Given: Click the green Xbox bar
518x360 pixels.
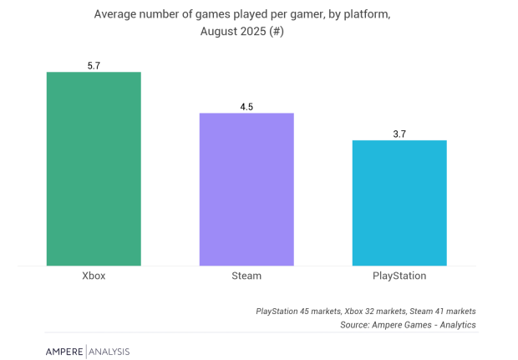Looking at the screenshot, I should [94, 169].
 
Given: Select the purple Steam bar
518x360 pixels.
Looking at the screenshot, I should [246, 190].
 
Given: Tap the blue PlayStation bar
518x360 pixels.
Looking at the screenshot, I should [399, 203].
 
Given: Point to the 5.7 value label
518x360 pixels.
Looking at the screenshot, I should [94, 64].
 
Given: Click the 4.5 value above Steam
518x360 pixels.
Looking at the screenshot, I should [246, 105].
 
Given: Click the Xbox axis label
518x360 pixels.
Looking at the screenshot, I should [94, 276].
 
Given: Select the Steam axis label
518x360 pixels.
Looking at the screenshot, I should [246, 276].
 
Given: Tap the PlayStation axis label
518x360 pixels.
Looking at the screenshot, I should [399, 276].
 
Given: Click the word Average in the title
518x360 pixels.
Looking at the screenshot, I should [118, 14].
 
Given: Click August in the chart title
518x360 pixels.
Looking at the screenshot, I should [223, 32].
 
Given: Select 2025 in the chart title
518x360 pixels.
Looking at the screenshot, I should [263, 32].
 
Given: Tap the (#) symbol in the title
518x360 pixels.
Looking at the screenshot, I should [293, 32].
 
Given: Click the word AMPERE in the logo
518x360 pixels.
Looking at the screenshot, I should [64, 351].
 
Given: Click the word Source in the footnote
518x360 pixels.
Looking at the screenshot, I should [356, 325].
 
